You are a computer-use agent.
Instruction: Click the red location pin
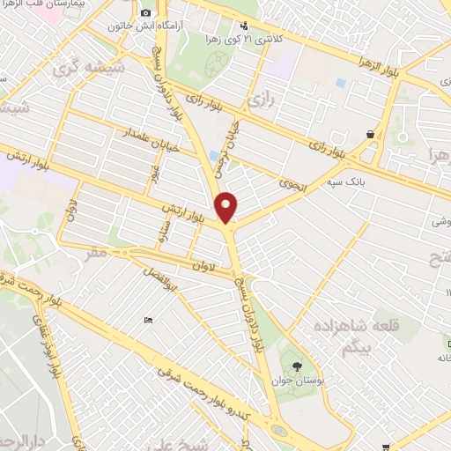[x=227, y=207]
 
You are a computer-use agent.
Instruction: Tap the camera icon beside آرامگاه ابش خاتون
[x=146, y=13]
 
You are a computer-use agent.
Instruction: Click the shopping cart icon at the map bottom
[x=386, y=447]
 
